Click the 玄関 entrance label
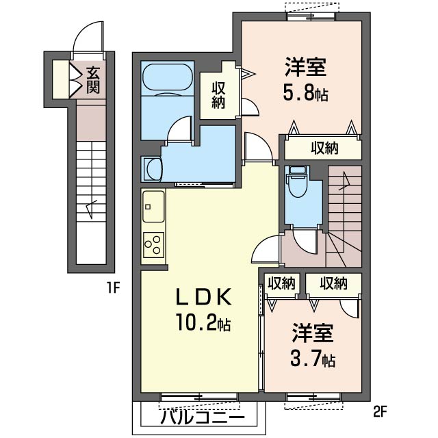click(90, 79)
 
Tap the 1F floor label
click(113, 287)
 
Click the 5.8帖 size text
click(306, 93)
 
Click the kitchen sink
click(153, 203)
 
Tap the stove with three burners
click(153, 244)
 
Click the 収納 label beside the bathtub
click(218, 96)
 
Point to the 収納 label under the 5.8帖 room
click(324, 147)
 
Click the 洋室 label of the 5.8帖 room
click(306, 68)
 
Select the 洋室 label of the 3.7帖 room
click(313, 334)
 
